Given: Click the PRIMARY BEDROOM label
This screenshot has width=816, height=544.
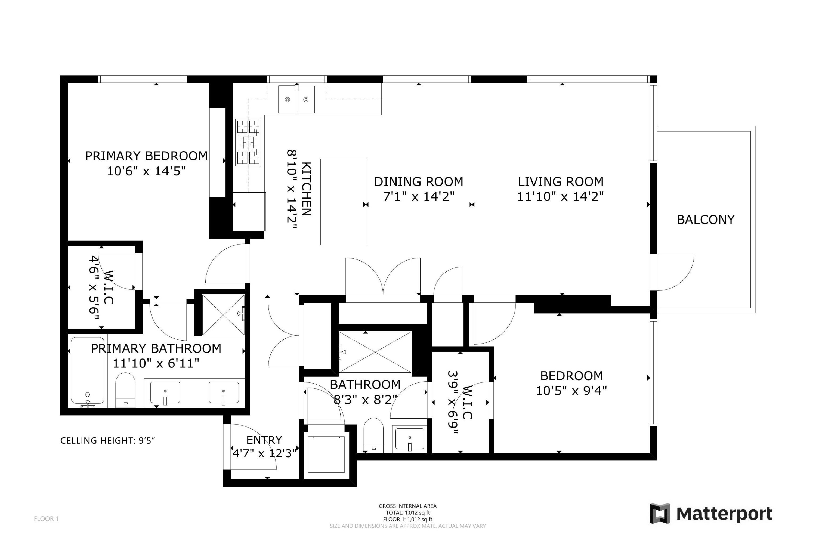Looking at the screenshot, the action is click(x=146, y=156).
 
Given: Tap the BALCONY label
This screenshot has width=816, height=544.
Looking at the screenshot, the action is click(x=705, y=220).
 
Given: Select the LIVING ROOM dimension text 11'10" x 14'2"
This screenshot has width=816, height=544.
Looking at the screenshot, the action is click(x=560, y=197).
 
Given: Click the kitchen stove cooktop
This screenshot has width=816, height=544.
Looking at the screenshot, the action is click(x=248, y=142).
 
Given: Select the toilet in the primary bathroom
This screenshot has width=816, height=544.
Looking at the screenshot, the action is click(x=125, y=390).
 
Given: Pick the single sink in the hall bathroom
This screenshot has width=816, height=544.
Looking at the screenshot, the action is click(x=410, y=440).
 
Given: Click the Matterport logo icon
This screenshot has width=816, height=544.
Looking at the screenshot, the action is click(x=660, y=514).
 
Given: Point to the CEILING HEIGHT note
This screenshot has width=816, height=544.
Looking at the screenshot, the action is click(x=107, y=441).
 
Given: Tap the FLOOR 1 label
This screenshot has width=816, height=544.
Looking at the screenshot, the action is click(x=47, y=519).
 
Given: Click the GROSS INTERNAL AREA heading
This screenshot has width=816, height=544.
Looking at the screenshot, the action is click(x=408, y=506).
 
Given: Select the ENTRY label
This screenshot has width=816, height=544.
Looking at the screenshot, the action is click(x=264, y=440).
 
